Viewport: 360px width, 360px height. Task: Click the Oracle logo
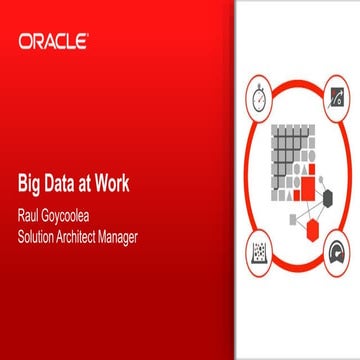click(x=53, y=42)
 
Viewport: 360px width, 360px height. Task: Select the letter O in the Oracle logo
click(x=25, y=42)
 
